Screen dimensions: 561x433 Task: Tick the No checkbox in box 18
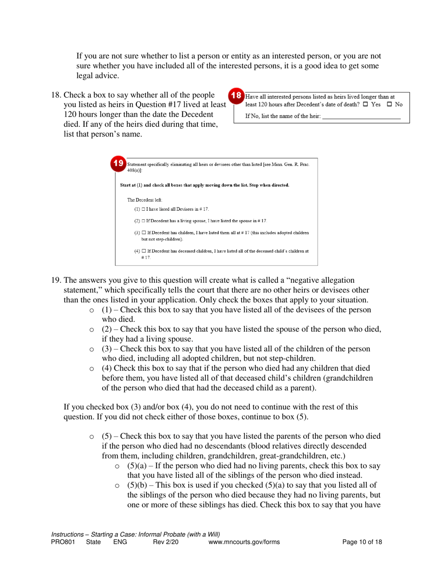tap(390, 104)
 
